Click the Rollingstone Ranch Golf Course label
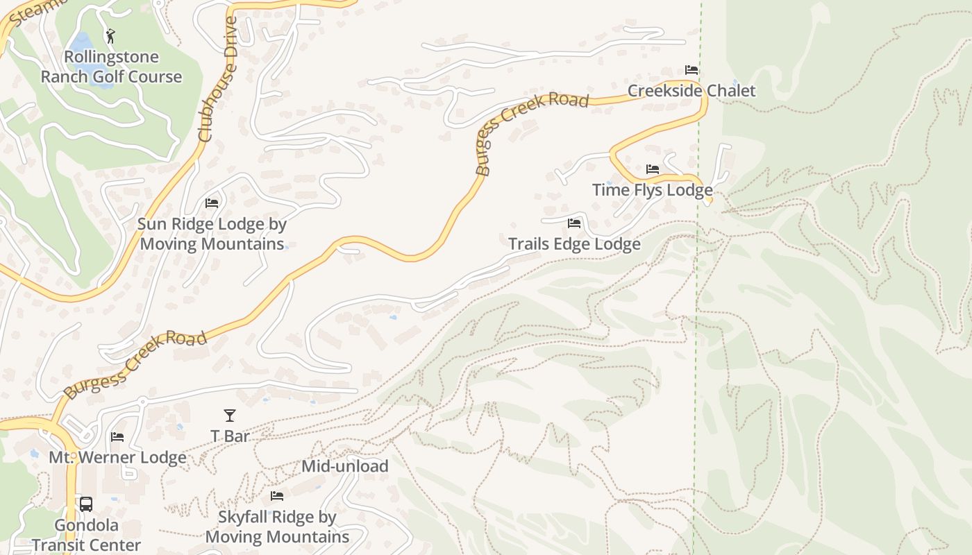coord(111,67)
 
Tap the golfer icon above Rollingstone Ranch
coord(110,35)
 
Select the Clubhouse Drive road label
coord(217,80)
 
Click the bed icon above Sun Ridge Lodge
coord(212,203)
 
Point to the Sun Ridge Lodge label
coord(212,234)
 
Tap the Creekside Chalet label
coord(692,91)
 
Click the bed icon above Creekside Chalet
coord(692,70)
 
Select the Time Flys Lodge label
coord(652,190)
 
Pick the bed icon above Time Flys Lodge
coord(652,169)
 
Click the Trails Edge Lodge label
coord(574,244)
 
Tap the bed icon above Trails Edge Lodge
coord(574,223)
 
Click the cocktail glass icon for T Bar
coord(230,416)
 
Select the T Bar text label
coord(230,436)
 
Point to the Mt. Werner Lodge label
coord(117,458)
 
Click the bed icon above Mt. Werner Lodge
coord(117,437)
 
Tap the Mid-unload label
coord(344,466)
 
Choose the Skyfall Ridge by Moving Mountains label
coord(277,527)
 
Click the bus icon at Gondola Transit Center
coord(86,504)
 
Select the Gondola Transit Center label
coord(86,535)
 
